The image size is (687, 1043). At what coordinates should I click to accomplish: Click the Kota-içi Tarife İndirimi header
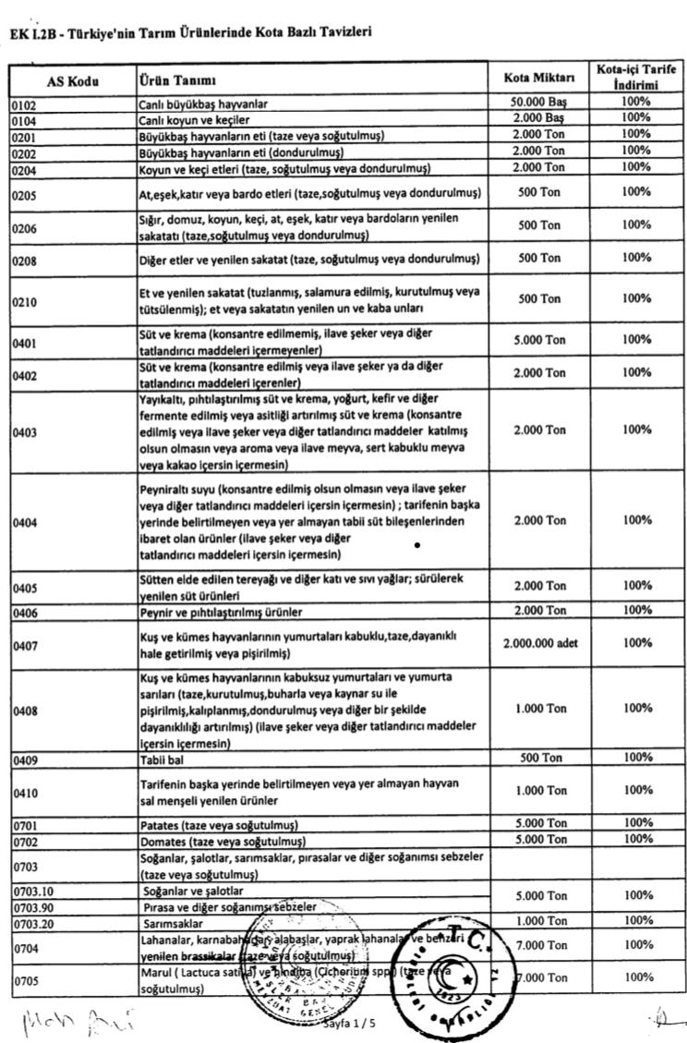coord(635,78)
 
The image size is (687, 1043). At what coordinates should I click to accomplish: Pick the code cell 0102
coord(25,104)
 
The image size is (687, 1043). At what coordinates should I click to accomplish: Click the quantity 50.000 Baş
coord(539,103)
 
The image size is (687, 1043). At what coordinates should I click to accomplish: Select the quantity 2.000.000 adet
coord(539,643)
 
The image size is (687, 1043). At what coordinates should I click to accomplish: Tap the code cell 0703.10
coord(33,891)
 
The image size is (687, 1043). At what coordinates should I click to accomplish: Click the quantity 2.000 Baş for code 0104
coord(539,119)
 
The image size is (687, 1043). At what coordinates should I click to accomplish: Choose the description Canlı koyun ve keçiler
coord(194,120)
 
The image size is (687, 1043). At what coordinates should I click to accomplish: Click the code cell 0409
coord(25,758)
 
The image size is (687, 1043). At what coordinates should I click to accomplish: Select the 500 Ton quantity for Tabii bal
coord(539,758)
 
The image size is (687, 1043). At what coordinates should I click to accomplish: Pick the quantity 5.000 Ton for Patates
coord(539,823)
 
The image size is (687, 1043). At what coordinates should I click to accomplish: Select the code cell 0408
coord(25,711)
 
